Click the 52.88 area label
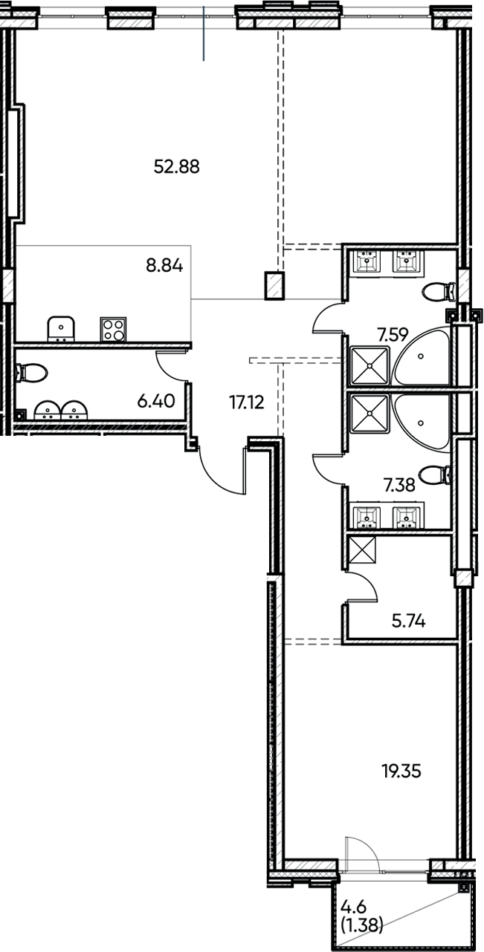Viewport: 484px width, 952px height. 176,166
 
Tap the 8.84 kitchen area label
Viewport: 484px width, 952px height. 164,265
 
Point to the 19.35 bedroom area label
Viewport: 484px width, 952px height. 401,772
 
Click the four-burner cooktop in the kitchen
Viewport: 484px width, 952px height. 113,329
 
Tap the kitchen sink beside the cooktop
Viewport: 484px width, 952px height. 61,328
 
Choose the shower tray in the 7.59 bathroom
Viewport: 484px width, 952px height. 370,365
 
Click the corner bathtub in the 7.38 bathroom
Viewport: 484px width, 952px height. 422,419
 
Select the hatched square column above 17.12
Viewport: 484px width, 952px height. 274,286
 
